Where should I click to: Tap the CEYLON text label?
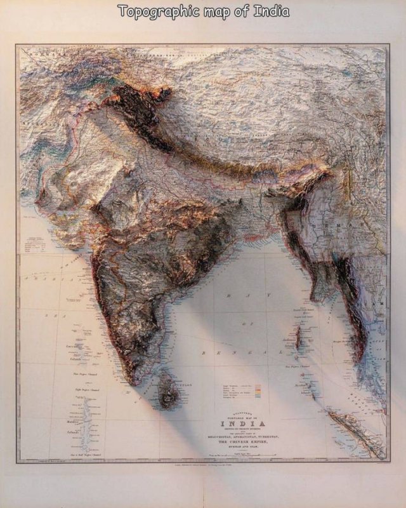click(187, 384)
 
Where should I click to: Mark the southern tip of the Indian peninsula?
click(136, 382)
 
